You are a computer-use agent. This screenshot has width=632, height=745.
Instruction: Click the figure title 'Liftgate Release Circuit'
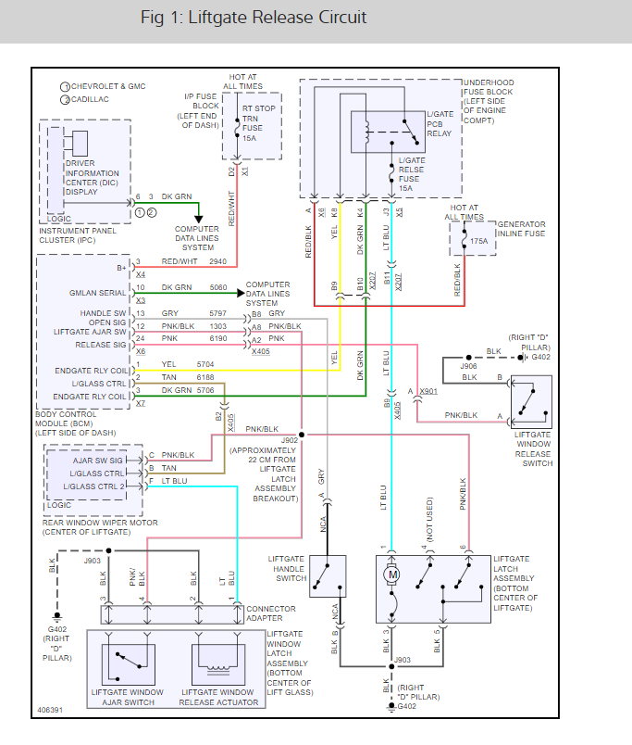(x=254, y=18)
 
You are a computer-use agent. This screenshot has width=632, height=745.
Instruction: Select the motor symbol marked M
(x=392, y=575)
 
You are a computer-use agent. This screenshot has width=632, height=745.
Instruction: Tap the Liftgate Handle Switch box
(x=328, y=576)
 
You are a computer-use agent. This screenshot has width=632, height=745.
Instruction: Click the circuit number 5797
(x=217, y=314)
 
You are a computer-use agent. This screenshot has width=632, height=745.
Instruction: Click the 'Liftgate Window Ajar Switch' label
(x=128, y=698)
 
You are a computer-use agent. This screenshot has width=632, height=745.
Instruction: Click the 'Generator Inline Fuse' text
(x=521, y=229)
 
